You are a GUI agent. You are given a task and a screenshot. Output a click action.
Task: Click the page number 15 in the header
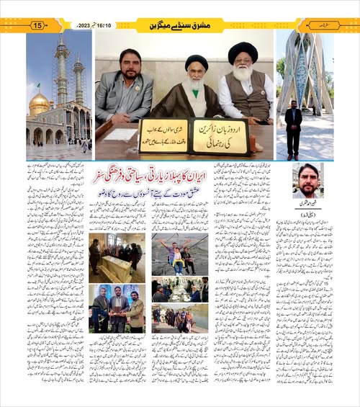pos(38,26)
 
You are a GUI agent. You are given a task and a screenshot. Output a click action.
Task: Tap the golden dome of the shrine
pos(40,104)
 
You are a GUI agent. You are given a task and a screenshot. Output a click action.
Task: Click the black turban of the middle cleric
pos(196,63)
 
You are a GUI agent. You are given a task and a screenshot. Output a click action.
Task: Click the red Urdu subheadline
pos(176,192)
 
